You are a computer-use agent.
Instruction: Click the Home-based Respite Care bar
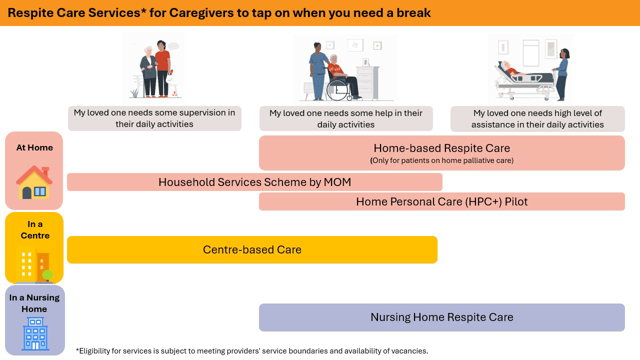click(x=441, y=153)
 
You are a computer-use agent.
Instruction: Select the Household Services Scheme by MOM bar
click(x=254, y=182)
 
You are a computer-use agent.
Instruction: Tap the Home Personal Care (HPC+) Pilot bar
click(x=441, y=201)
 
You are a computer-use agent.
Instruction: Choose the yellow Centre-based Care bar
click(x=252, y=249)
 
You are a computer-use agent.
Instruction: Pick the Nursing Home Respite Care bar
click(x=441, y=317)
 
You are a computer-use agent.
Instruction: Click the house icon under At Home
click(x=33, y=182)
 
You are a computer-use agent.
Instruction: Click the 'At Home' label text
click(x=34, y=147)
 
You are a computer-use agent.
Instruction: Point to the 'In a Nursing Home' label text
click(x=34, y=303)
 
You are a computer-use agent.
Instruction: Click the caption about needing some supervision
click(x=154, y=118)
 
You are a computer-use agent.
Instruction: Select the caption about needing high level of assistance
click(x=537, y=119)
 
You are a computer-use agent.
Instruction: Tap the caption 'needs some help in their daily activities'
click(x=345, y=119)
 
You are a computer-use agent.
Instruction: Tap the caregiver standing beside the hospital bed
click(x=562, y=73)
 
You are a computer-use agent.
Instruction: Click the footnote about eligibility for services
click(x=252, y=351)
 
